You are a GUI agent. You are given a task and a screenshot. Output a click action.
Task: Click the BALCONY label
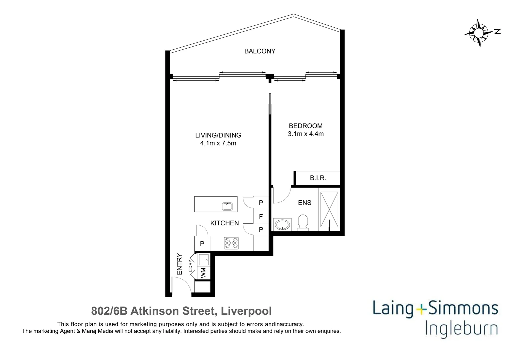point(260,51)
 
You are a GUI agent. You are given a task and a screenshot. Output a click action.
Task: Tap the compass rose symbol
point(479,33)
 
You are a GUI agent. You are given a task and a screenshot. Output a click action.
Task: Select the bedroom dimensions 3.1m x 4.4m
point(306,134)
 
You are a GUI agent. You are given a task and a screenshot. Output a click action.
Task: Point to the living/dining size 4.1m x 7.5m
point(218,143)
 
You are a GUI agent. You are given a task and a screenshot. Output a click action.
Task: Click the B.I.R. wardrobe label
point(318,178)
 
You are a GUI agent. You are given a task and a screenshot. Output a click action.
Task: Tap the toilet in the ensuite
point(303,222)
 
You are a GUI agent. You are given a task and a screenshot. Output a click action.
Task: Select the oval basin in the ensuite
point(282,224)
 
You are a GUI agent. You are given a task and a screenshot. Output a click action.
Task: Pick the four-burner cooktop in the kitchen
point(231,243)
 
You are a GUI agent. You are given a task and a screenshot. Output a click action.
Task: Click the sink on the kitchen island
point(227,206)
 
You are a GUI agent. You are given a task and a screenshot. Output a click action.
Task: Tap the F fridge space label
point(261,217)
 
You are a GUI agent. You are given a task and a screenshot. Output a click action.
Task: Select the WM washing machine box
point(203,273)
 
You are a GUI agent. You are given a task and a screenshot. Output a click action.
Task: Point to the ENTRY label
point(179,264)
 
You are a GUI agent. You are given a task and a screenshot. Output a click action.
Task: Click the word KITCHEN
point(224,223)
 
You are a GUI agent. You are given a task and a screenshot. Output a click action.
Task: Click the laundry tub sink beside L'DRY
point(203,259)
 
